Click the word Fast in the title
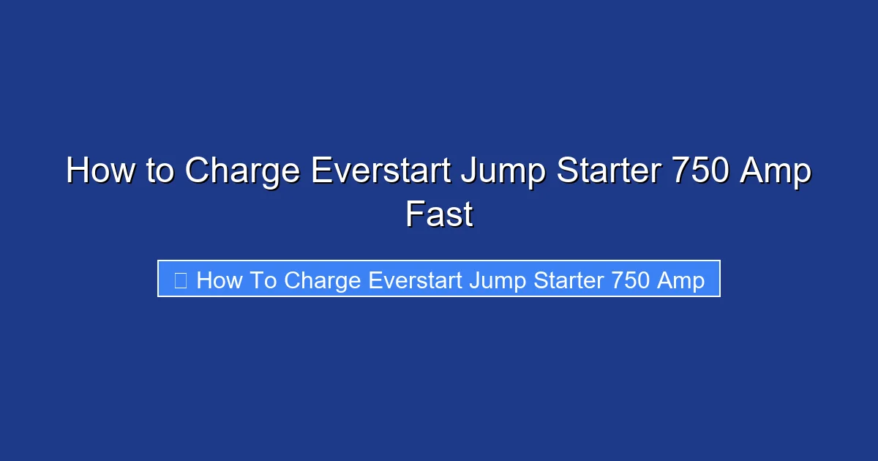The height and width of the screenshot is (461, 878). [x=439, y=214]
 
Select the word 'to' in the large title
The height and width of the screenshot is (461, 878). [x=157, y=172]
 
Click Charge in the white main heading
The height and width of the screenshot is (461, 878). [x=242, y=172]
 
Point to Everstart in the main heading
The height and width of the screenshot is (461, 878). [x=380, y=172]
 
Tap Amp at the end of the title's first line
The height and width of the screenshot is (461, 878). [x=776, y=172]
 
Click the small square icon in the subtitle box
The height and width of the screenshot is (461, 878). [x=180, y=280]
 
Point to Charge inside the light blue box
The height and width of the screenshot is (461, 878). [x=323, y=280]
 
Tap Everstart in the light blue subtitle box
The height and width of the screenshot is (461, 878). [x=416, y=280]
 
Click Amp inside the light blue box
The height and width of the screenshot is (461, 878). [x=682, y=280]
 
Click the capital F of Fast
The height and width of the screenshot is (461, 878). [x=413, y=214]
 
